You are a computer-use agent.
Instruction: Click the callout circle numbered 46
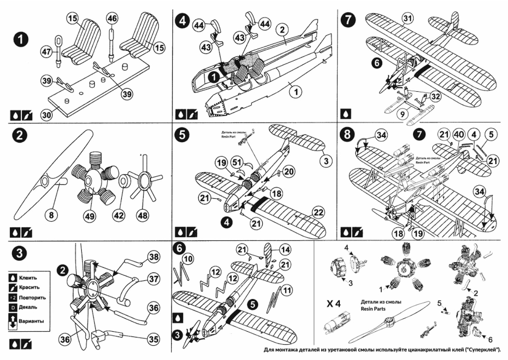112,18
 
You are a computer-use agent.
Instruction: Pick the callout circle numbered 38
153,257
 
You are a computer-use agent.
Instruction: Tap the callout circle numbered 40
458,135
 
